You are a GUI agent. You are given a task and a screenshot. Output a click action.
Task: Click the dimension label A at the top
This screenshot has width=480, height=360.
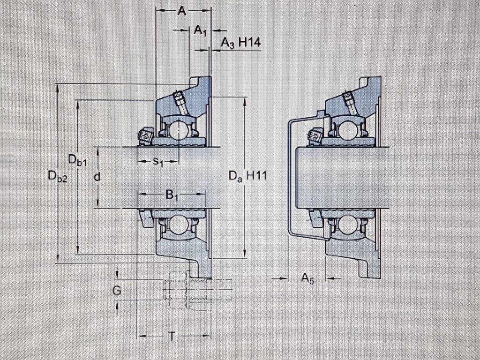pyautogui.click(x=181, y=11)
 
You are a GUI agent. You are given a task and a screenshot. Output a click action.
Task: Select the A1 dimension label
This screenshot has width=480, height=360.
pyautogui.click(x=200, y=31)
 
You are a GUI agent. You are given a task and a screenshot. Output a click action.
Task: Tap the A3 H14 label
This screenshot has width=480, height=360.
pyautogui.click(x=240, y=43)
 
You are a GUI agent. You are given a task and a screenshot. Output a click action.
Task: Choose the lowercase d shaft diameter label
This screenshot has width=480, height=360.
pyautogui.click(x=97, y=177)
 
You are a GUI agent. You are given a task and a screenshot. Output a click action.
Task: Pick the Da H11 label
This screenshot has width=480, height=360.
pyautogui.click(x=247, y=177)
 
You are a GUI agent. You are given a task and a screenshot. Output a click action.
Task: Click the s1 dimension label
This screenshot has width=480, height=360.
pyautogui.click(x=158, y=162)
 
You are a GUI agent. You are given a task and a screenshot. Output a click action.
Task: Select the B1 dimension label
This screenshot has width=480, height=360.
pyautogui.click(x=172, y=194)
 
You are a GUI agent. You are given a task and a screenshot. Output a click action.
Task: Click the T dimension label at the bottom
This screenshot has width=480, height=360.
pyautogui.click(x=172, y=336)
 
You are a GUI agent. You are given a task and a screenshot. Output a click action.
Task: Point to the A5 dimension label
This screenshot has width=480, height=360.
pyautogui.click(x=307, y=279)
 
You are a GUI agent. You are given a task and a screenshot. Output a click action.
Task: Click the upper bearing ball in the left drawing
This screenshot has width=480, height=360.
pyautogui.click(x=179, y=130)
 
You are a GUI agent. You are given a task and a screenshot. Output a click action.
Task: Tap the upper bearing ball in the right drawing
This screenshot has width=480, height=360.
pyautogui.click(x=347, y=130)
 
